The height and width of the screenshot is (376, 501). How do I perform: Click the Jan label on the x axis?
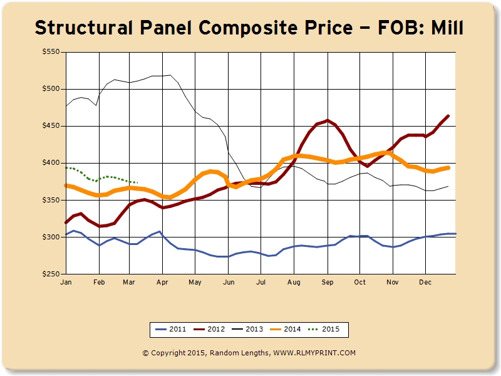pyautogui.click(x=65, y=283)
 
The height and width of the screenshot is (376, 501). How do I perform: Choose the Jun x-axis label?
pyautogui.click(x=228, y=283)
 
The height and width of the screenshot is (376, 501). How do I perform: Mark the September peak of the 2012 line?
pyautogui.click(x=328, y=120)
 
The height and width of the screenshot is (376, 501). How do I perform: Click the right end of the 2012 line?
pyautogui.click(x=448, y=116)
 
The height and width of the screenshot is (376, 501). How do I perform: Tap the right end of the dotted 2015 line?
pyautogui.click(x=137, y=182)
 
